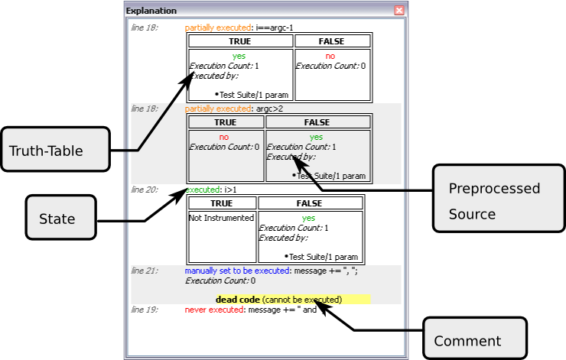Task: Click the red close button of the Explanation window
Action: coord(398,11)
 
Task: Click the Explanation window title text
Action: coord(151,11)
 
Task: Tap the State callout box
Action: coord(60,219)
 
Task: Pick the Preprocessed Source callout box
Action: coord(494,201)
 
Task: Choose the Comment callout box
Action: coord(474,340)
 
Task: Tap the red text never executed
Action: coord(213,310)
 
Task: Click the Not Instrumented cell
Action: coord(221,218)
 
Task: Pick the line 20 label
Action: coord(144,190)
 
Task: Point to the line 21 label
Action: coord(144,271)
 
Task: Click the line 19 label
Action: coord(144,310)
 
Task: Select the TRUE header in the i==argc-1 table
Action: coord(239,41)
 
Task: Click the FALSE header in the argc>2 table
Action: coord(317,122)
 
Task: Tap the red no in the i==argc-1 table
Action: coord(330,57)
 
